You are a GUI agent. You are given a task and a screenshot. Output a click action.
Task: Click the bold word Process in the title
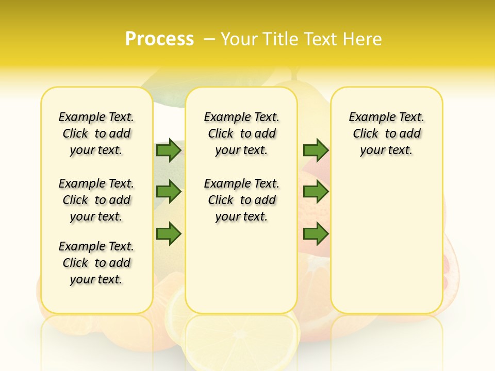[x=159, y=39]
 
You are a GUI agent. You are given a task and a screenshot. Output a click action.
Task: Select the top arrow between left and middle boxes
[x=169, y=150]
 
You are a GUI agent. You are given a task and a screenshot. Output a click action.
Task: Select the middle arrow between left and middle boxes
[x=169, y=192]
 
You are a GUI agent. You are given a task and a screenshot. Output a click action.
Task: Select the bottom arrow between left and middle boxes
[x=169, y=233]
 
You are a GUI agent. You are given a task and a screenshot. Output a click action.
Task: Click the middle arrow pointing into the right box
[x=316, y=192]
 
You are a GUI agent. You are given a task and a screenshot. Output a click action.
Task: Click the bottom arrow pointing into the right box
[x=316, y=233]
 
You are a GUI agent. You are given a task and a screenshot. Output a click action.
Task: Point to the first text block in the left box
[x=96, y=133]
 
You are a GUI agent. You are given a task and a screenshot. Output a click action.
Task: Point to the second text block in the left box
[x=96, y=200]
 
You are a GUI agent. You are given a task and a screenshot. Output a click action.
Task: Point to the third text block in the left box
[x=96, y=263]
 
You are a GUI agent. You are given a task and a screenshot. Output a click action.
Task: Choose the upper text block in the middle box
[x=242, y=133]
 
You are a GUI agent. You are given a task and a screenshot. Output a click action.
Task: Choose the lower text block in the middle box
[x=242, y=200]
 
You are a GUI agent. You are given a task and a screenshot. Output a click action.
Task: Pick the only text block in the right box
[x=387, y=133]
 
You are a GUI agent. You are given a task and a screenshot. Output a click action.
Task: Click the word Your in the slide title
[x=239, y=39]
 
